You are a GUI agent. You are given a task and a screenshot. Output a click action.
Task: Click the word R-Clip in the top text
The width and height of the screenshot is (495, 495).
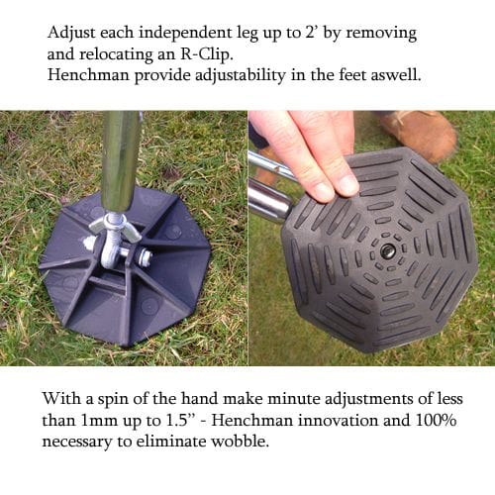[206, 54]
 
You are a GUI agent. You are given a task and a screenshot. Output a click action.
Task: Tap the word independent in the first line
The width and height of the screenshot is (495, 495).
[185, 33]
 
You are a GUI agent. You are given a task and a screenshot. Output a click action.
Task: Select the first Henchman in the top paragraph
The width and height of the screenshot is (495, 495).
[88, 75]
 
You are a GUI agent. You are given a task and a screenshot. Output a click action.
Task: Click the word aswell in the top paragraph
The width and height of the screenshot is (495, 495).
[396, 75]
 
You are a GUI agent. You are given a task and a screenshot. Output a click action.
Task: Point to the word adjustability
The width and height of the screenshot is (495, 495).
[240, 75]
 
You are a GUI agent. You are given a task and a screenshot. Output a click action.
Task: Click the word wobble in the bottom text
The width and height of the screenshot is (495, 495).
[240, 442]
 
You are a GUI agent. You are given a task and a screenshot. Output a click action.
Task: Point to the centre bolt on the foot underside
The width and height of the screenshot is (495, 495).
[387, 251]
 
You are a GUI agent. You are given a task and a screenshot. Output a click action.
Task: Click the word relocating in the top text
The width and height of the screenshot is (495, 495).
[116, 54]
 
